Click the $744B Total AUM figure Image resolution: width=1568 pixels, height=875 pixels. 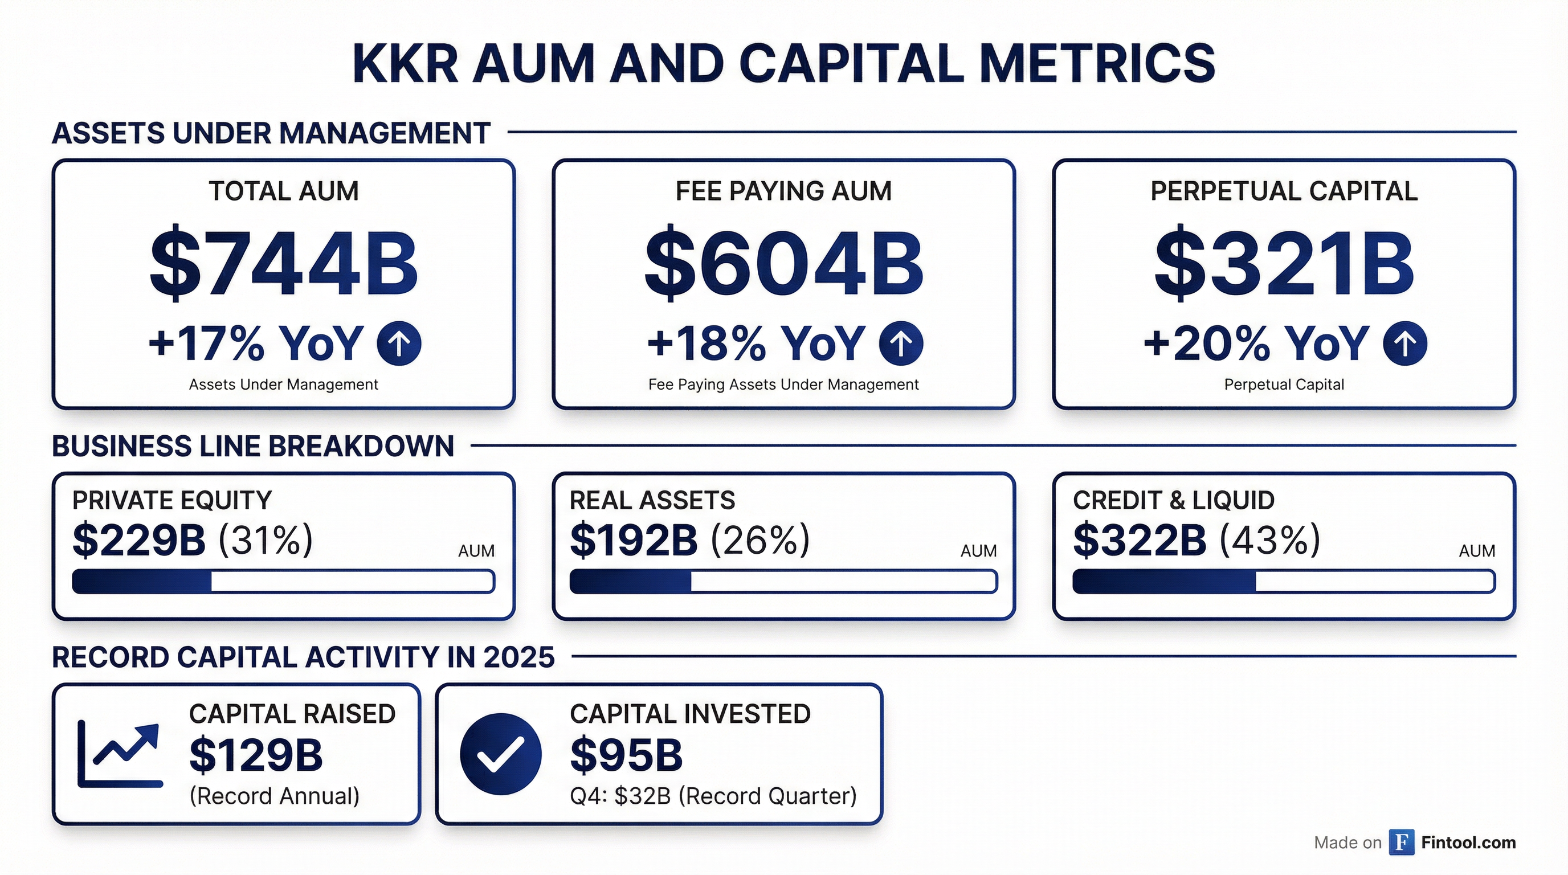coord(284,264)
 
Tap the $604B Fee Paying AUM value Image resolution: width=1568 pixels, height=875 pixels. coord(783,264)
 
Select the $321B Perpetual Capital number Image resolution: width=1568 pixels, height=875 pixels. coord(1284,264)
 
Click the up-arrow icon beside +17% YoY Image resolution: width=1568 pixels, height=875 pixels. coord(399,344)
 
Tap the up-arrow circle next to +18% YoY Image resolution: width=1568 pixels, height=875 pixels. coord(900,344)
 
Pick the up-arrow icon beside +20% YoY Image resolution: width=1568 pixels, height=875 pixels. coord(1404,344)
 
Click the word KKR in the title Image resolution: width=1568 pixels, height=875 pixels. coord(404,64)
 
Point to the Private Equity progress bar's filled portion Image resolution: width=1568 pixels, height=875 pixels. coord(142,582)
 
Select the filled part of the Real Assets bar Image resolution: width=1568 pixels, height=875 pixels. coord(630,582)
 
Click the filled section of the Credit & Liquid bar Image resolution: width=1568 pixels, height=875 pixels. coord(1163,582)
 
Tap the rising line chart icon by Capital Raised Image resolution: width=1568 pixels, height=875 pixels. coord(120,754)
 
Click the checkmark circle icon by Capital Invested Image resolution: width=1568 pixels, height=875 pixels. coord(500,754)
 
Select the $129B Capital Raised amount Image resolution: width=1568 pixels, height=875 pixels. coord(256,755)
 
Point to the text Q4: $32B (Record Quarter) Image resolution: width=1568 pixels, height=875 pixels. coord(713,796)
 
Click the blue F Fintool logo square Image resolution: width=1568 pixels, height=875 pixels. coord(1401,842)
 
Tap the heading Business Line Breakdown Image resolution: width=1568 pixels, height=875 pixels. coord(252,446)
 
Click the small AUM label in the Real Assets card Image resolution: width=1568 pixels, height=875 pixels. coord(978,551)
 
